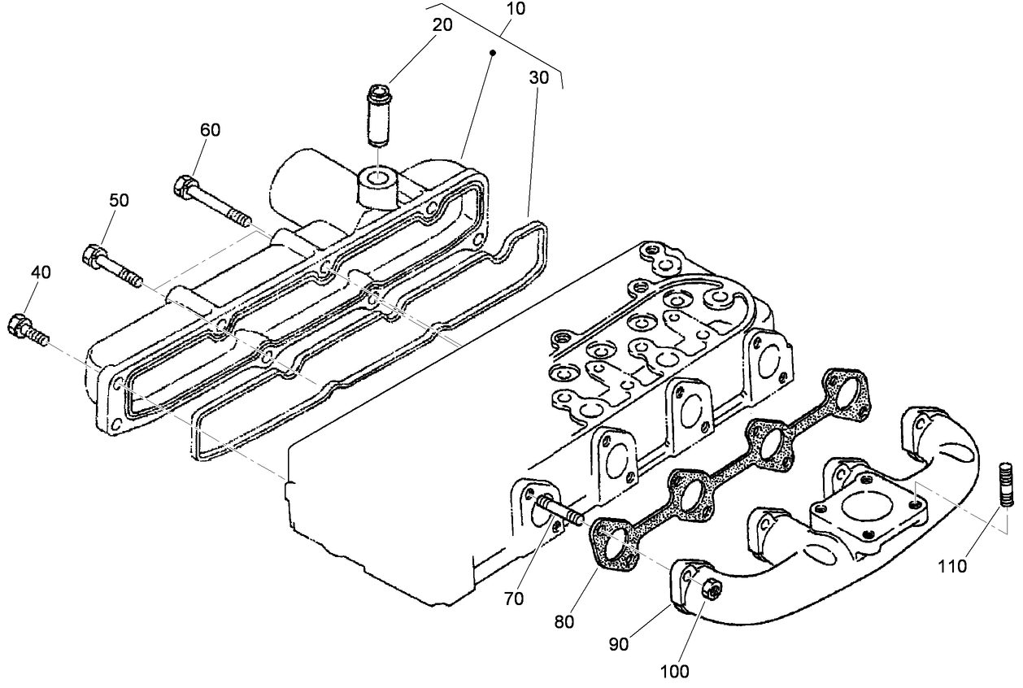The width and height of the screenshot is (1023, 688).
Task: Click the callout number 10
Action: pos(515,10)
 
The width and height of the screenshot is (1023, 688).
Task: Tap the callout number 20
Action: pos(442,24)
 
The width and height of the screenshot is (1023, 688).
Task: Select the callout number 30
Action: pos(538,78)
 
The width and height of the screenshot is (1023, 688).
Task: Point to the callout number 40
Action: pos(41,272)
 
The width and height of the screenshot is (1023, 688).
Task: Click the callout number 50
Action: pos(120,200)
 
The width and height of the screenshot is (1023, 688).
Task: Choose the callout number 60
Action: pos(210,129)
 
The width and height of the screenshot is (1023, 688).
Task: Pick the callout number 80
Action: pos(564,622)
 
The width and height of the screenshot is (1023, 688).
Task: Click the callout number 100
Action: pos(674,672)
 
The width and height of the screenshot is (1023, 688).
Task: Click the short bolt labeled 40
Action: pos(28,328)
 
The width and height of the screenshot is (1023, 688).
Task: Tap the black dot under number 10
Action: pos(492,52)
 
